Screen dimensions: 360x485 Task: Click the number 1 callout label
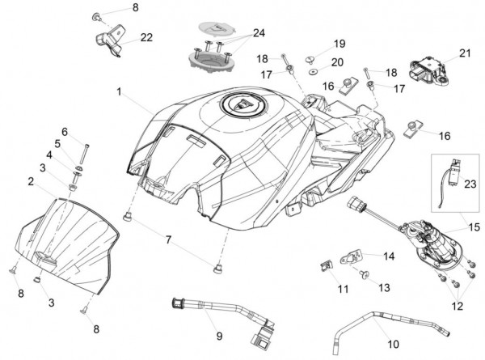(x=119, y=93)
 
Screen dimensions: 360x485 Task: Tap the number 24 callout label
(x=259, y=33)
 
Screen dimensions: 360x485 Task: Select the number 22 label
(x=146, y=37)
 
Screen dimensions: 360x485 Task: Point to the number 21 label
(x=464, y=53)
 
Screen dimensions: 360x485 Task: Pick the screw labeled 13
(x=362, y=274)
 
